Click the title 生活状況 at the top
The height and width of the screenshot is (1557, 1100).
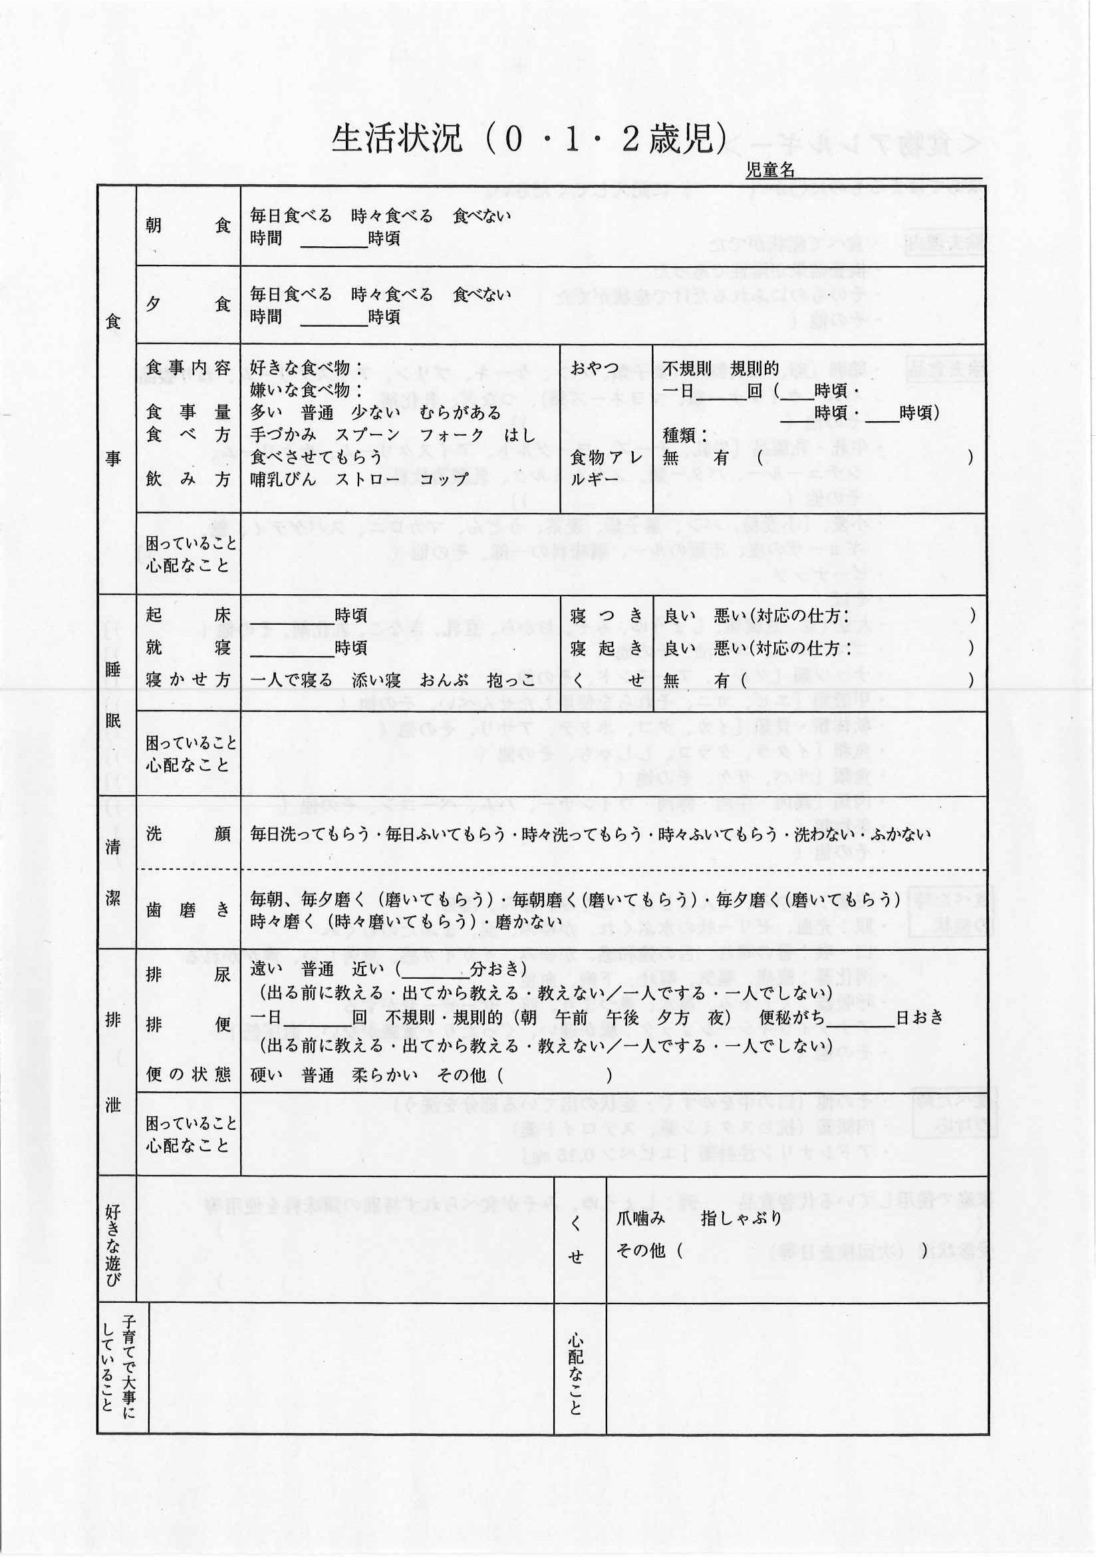[x=396, y=138]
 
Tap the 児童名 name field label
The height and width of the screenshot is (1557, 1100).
[x=770, y=170]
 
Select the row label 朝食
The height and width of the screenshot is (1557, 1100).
[x=188, y=226]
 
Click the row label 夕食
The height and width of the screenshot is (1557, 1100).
[x=188, y=305]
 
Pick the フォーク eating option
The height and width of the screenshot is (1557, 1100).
[x=452, y=434]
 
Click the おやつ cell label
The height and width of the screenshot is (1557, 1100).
[x=595, y=368]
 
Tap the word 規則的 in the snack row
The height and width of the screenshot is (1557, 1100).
[x=754, y=368]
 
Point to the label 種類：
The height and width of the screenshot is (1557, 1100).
[x=685, y=434]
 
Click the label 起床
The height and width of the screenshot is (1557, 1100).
[x=188, y=615]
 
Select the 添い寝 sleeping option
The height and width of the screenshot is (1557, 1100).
[x=376, y=680]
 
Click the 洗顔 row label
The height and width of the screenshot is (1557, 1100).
[x=188, y=834]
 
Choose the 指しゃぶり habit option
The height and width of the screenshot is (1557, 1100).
[x=742, y=1218]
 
